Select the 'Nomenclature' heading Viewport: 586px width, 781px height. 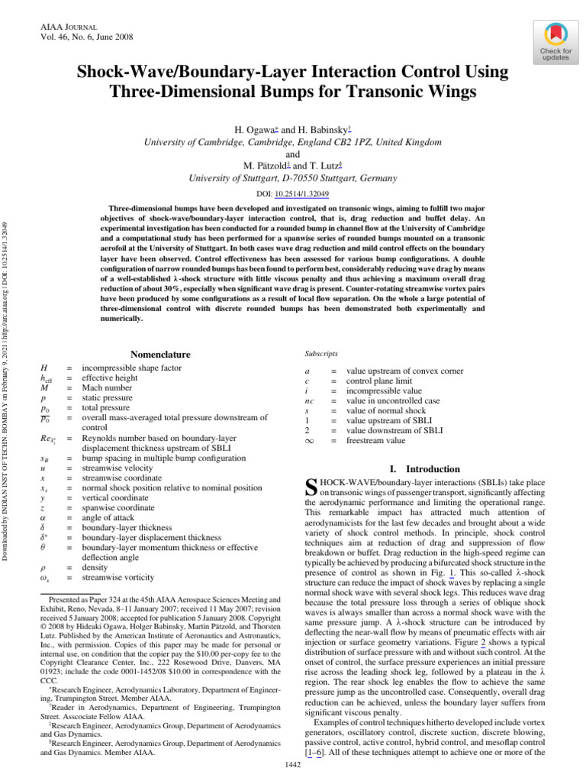coord(160,355)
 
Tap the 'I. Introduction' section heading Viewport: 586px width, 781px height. coord(427,469)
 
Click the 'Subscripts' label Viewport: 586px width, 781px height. coord(322,354)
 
